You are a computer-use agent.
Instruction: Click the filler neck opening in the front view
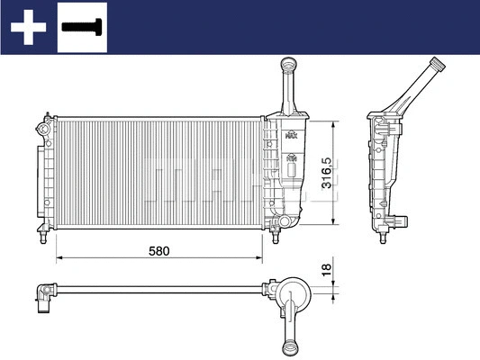pos(288,63)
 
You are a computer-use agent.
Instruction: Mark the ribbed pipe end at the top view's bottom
pos(293,346)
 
